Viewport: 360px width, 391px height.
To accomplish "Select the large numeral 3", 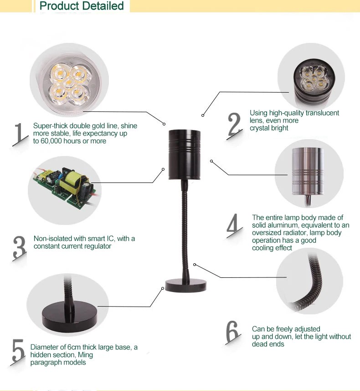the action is [x=20, y=247].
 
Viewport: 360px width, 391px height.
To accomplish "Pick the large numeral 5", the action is [x=18, y=350].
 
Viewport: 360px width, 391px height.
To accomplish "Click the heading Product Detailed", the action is [x=82, y=6].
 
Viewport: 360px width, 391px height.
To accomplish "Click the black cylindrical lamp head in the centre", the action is [x=185, y=155].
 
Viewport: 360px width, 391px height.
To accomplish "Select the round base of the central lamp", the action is [x=185, y=286].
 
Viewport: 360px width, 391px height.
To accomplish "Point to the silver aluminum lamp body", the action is [x=308, y=171].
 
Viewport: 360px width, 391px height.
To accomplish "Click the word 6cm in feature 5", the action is [x=74, y=347].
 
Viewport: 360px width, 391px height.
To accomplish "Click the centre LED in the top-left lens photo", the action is [x=69, y=83].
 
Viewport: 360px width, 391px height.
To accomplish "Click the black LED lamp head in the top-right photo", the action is [x=314, y=82].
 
